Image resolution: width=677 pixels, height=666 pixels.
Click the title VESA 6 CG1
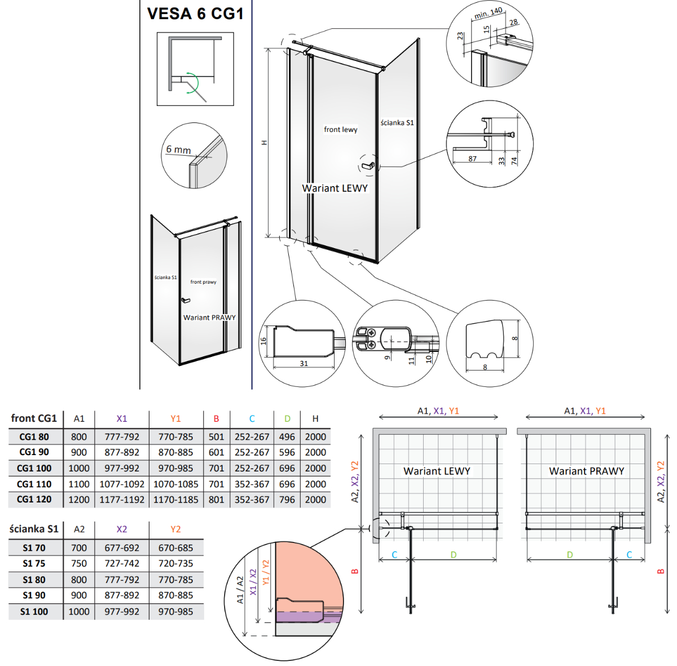(x=195, y=14)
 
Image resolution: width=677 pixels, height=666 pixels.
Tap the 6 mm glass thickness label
(x=178, y=149)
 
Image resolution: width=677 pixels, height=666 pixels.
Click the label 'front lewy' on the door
(x=340, y=130)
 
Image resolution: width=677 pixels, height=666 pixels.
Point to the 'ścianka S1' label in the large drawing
(x=397, y=123)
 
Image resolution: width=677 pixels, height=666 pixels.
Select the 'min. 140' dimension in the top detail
(x=488, y=13)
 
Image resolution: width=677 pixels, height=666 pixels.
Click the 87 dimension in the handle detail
(x=472, y=158)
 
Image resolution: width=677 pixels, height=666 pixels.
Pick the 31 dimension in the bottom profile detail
(x=304, y=364)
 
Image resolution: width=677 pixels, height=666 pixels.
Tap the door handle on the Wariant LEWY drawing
(x=368, y=166)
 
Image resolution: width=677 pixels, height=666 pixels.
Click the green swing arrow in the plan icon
(x=193, y=83)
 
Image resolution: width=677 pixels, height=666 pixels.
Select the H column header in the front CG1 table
(x=315, y=418)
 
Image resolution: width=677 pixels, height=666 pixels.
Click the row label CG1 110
(x=34, y=484)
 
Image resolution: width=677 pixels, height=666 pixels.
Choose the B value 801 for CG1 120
(x=216, y=500)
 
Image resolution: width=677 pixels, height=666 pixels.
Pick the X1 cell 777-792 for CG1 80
(x=122, y=436)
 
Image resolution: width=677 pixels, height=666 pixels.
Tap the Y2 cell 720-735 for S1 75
(x=175, y=563)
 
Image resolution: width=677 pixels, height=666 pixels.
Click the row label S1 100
(x=34, y=611)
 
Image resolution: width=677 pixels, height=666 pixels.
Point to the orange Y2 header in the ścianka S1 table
(x=175, y=529)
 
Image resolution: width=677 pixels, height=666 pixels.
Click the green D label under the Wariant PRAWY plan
(x=570, y=555)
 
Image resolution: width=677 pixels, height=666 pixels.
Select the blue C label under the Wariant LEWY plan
(x=394, y=555)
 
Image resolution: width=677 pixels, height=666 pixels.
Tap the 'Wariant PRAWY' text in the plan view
(x=586, y=471)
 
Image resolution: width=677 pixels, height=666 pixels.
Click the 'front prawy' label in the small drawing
(x=203, y=282)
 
